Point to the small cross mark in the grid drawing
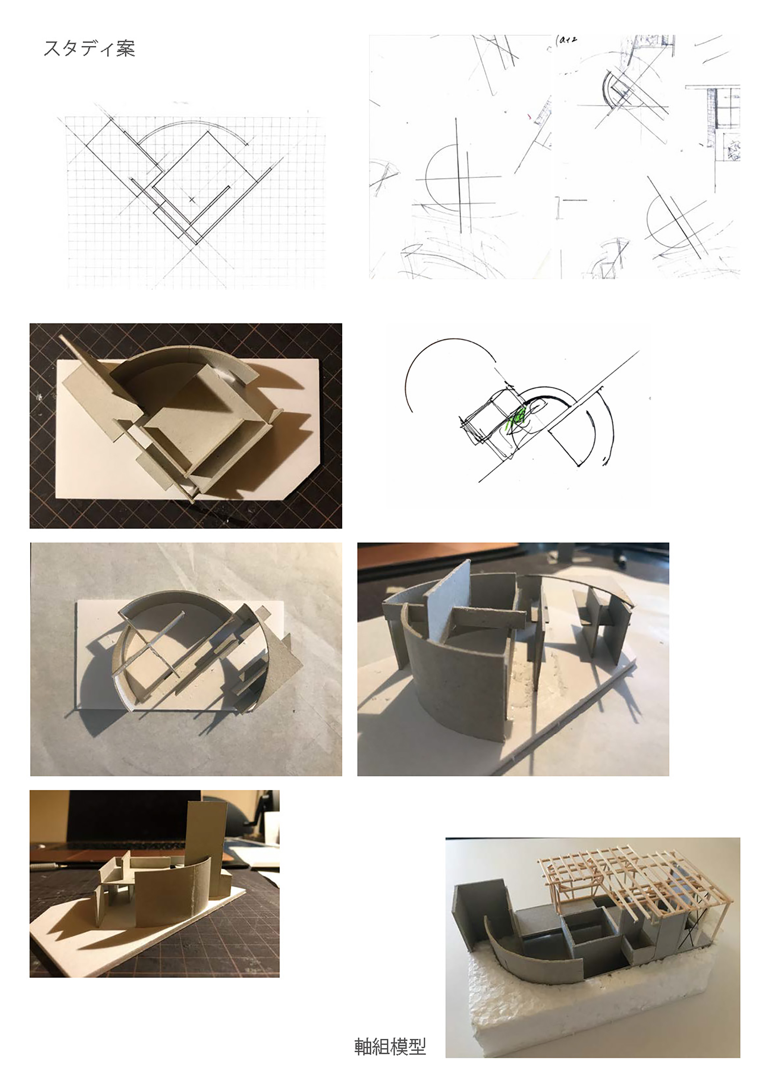coord(192,200)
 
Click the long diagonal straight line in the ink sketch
coord(559,416)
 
